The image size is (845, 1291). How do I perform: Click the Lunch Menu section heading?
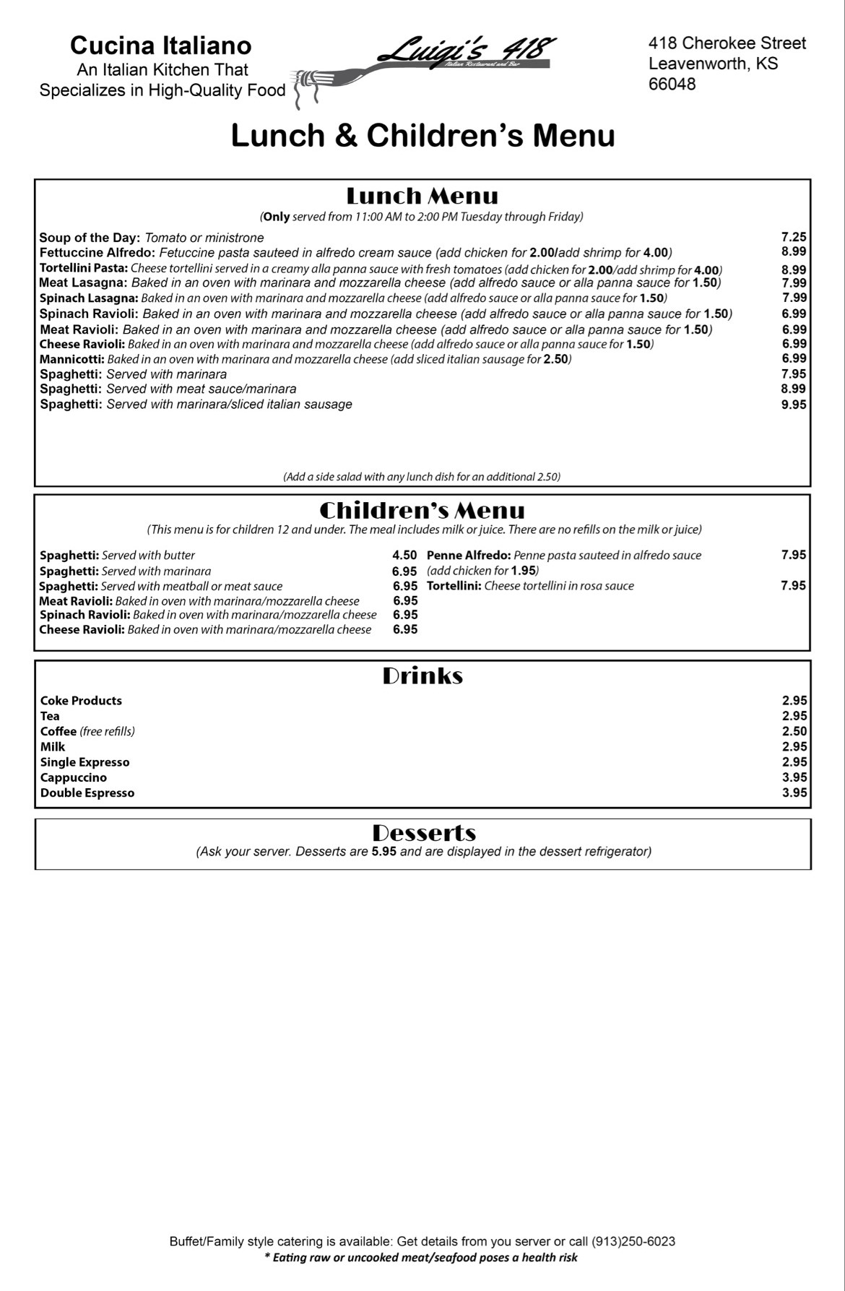tap(422, 196)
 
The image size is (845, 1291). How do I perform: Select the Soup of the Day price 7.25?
tap(794, 237)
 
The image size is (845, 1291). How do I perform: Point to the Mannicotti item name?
tap(71, 359)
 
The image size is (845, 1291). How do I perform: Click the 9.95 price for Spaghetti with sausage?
tap(794, 405)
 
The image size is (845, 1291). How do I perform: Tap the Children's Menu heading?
tap(422, 511)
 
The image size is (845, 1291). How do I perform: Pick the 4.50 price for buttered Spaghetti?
tap(404, 555)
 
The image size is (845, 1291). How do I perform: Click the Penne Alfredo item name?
tap(469, 555)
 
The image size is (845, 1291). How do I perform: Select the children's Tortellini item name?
tap(454, 586)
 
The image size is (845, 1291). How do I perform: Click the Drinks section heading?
tap(422, 676)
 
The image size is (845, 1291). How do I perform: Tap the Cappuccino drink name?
tap(73, 777)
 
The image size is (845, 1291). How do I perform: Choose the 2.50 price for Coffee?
tap(794, 731)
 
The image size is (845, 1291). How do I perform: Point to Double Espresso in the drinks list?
tap(87, 793)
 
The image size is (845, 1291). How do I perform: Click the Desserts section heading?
tap(424, 833)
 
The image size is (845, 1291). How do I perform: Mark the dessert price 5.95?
tap(383, 852)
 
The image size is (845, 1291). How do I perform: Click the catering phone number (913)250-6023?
tap(633, 1241)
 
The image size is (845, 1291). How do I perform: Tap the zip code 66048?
tap(672, 84)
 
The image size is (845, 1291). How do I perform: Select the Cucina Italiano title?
tap(160, 46)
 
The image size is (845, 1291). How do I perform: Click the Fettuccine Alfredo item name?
tap(97, 253)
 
